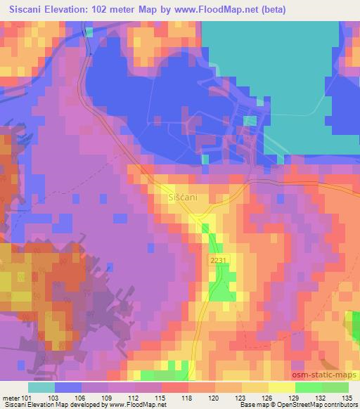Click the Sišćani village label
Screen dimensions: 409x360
tap(183, 198)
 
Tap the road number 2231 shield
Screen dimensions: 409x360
tap(217, 261)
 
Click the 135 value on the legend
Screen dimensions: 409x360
tap(346, 398)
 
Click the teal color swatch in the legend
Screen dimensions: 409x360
tap(41, 388)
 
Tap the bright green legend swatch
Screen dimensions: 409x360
tap(308, 388)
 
